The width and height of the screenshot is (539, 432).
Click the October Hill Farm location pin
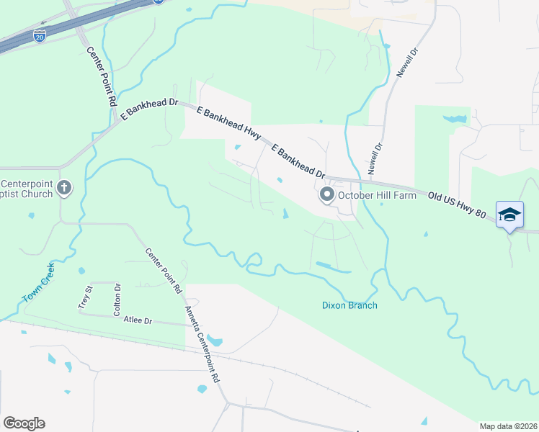pos(327,195)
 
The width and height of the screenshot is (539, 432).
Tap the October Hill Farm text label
pos(378,196)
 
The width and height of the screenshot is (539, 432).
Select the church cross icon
pos(64,189)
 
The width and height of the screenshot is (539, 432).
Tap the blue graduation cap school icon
pos(509,215)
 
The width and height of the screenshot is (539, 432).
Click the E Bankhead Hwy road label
pos(228,122)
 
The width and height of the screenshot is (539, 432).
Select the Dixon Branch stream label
pos(349,305)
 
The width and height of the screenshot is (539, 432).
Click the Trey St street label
pos(85,297)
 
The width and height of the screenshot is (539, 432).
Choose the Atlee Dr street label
pos(138,320)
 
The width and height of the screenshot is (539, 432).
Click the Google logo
pos(24,423)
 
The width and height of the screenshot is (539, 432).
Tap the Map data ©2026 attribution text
pos(509,426)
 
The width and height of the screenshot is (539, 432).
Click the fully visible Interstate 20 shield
pos(40,33)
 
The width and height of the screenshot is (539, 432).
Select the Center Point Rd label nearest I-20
pos(102,77)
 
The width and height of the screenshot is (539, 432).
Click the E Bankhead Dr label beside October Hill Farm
pos(298,161)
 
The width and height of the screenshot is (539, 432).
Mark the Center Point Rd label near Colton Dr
pos(164,271)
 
